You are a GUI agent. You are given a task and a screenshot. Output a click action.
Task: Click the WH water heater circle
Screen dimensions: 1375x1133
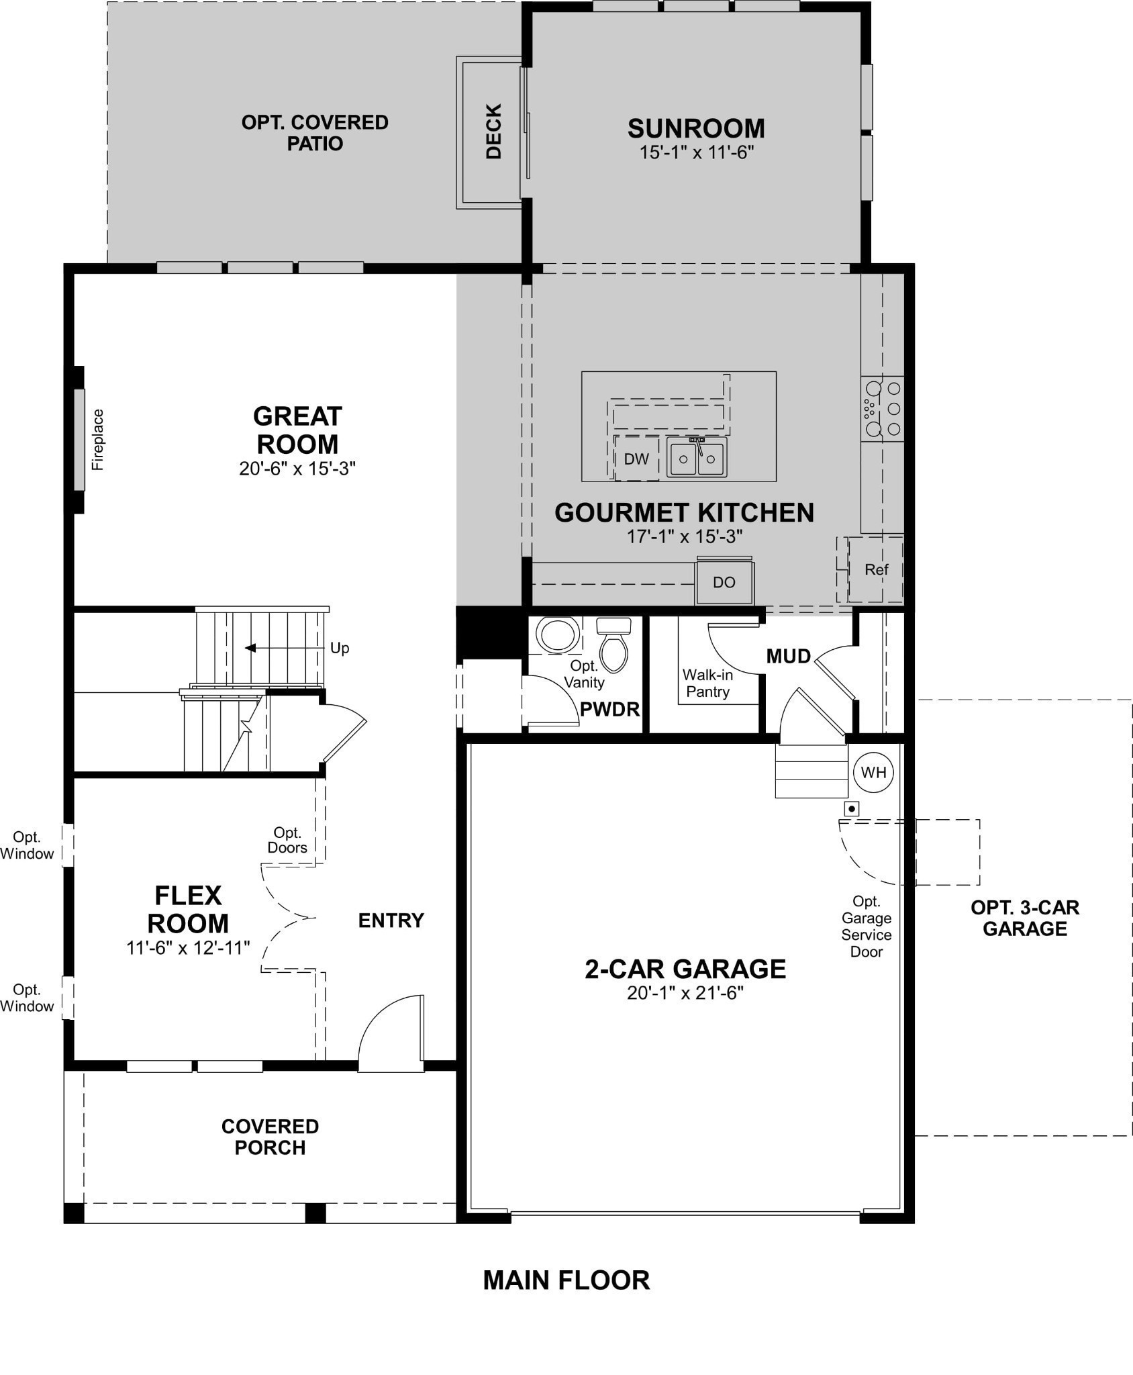873,772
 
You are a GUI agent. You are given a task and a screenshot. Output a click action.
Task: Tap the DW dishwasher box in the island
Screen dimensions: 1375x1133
636,459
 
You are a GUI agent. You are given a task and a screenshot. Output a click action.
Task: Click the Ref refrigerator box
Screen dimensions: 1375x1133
876,569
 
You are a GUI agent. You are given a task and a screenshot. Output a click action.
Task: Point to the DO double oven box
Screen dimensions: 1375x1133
724,582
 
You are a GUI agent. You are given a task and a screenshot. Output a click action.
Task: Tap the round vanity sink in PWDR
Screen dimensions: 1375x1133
558,634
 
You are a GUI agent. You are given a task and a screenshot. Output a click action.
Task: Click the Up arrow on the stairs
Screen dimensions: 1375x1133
250,648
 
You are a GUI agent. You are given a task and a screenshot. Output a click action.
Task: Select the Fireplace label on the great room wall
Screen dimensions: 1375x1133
98,439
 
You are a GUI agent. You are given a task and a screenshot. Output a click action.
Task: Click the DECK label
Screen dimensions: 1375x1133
493,131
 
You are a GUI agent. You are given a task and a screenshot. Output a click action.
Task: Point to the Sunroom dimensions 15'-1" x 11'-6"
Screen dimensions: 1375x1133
696,152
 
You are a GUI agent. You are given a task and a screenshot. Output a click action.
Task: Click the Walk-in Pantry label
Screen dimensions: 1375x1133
707,683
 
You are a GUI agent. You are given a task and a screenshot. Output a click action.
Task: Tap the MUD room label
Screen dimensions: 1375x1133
788,656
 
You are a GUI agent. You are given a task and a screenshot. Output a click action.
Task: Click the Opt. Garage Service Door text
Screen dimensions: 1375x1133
866,926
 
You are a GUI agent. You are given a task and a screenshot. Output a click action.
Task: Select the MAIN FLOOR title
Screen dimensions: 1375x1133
566,1280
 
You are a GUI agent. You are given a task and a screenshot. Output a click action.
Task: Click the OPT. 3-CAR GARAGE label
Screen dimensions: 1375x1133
1024,918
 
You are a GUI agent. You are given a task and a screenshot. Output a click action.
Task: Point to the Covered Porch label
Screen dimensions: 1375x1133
270,1137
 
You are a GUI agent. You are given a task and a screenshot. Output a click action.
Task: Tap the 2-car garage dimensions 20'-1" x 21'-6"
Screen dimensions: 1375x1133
685,992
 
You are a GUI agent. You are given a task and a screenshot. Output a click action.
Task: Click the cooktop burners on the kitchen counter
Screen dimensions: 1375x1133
883,408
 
